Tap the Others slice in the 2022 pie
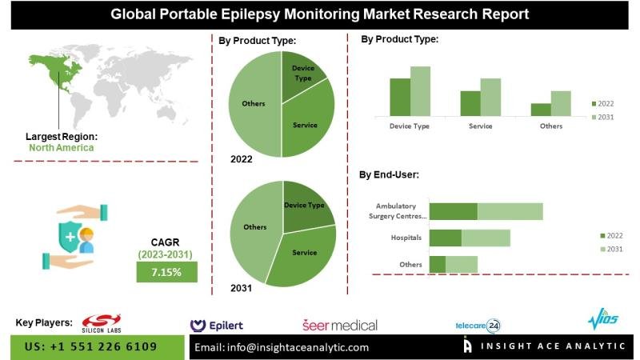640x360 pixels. tap(254, 104)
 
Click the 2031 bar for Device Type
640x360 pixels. tap(420, 91)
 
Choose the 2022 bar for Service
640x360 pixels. tap(470, 103)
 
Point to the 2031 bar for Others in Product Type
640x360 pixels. tap(561, 103)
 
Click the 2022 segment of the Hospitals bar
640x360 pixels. tap(446, 238)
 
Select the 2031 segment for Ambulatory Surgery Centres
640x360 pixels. tap(510, 211)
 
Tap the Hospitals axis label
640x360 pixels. tap(406, 238)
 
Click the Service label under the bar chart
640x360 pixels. tap(481, 126)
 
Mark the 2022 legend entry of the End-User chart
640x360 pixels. tap(611, 235)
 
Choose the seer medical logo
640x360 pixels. tap(340, 325)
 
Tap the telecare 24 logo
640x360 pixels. tap(478, 325)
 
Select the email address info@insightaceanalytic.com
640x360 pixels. tap(282, 347)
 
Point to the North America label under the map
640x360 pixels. tap(61, 147)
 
